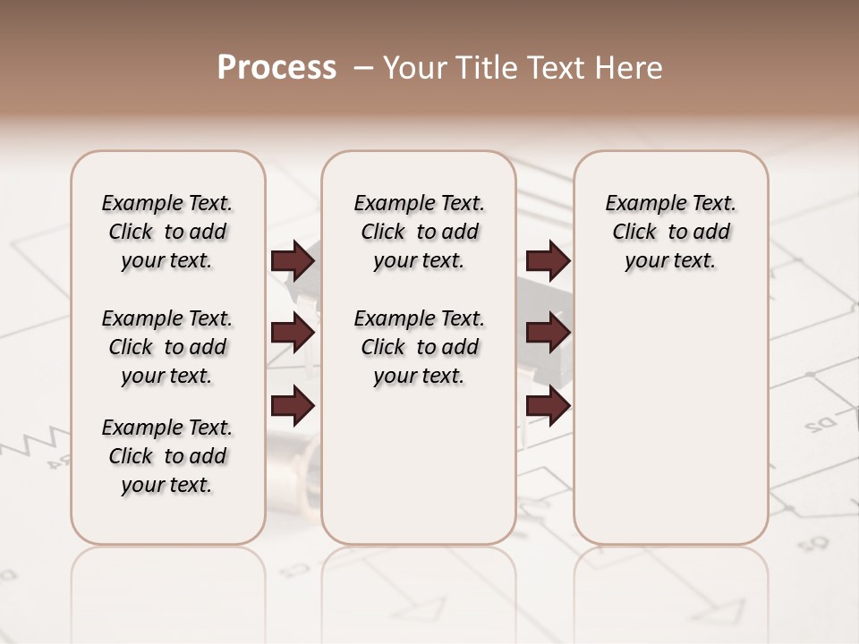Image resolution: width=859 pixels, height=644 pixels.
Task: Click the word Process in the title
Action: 276,68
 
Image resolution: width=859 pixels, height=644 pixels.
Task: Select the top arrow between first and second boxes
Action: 293,261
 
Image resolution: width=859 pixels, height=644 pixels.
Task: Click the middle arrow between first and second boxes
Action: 293,334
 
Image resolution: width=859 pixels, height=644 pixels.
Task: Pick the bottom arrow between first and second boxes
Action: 293,406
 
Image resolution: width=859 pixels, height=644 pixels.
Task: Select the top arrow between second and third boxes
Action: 548,261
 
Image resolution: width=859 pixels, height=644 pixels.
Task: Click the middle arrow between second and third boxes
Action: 548,334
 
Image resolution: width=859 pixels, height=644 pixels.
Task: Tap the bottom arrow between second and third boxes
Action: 548,406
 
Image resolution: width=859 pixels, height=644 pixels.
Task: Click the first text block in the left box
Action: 167,232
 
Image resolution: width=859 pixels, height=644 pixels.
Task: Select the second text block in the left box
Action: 167,347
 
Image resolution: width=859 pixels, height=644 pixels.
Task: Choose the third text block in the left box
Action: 167,456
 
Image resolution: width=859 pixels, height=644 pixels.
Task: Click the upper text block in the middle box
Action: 419,232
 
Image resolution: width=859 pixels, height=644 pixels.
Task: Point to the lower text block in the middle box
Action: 419,347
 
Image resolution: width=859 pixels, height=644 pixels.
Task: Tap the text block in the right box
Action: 670,232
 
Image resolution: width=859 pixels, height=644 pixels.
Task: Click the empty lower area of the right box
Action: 670,420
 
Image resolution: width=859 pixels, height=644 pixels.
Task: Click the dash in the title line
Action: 363,68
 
